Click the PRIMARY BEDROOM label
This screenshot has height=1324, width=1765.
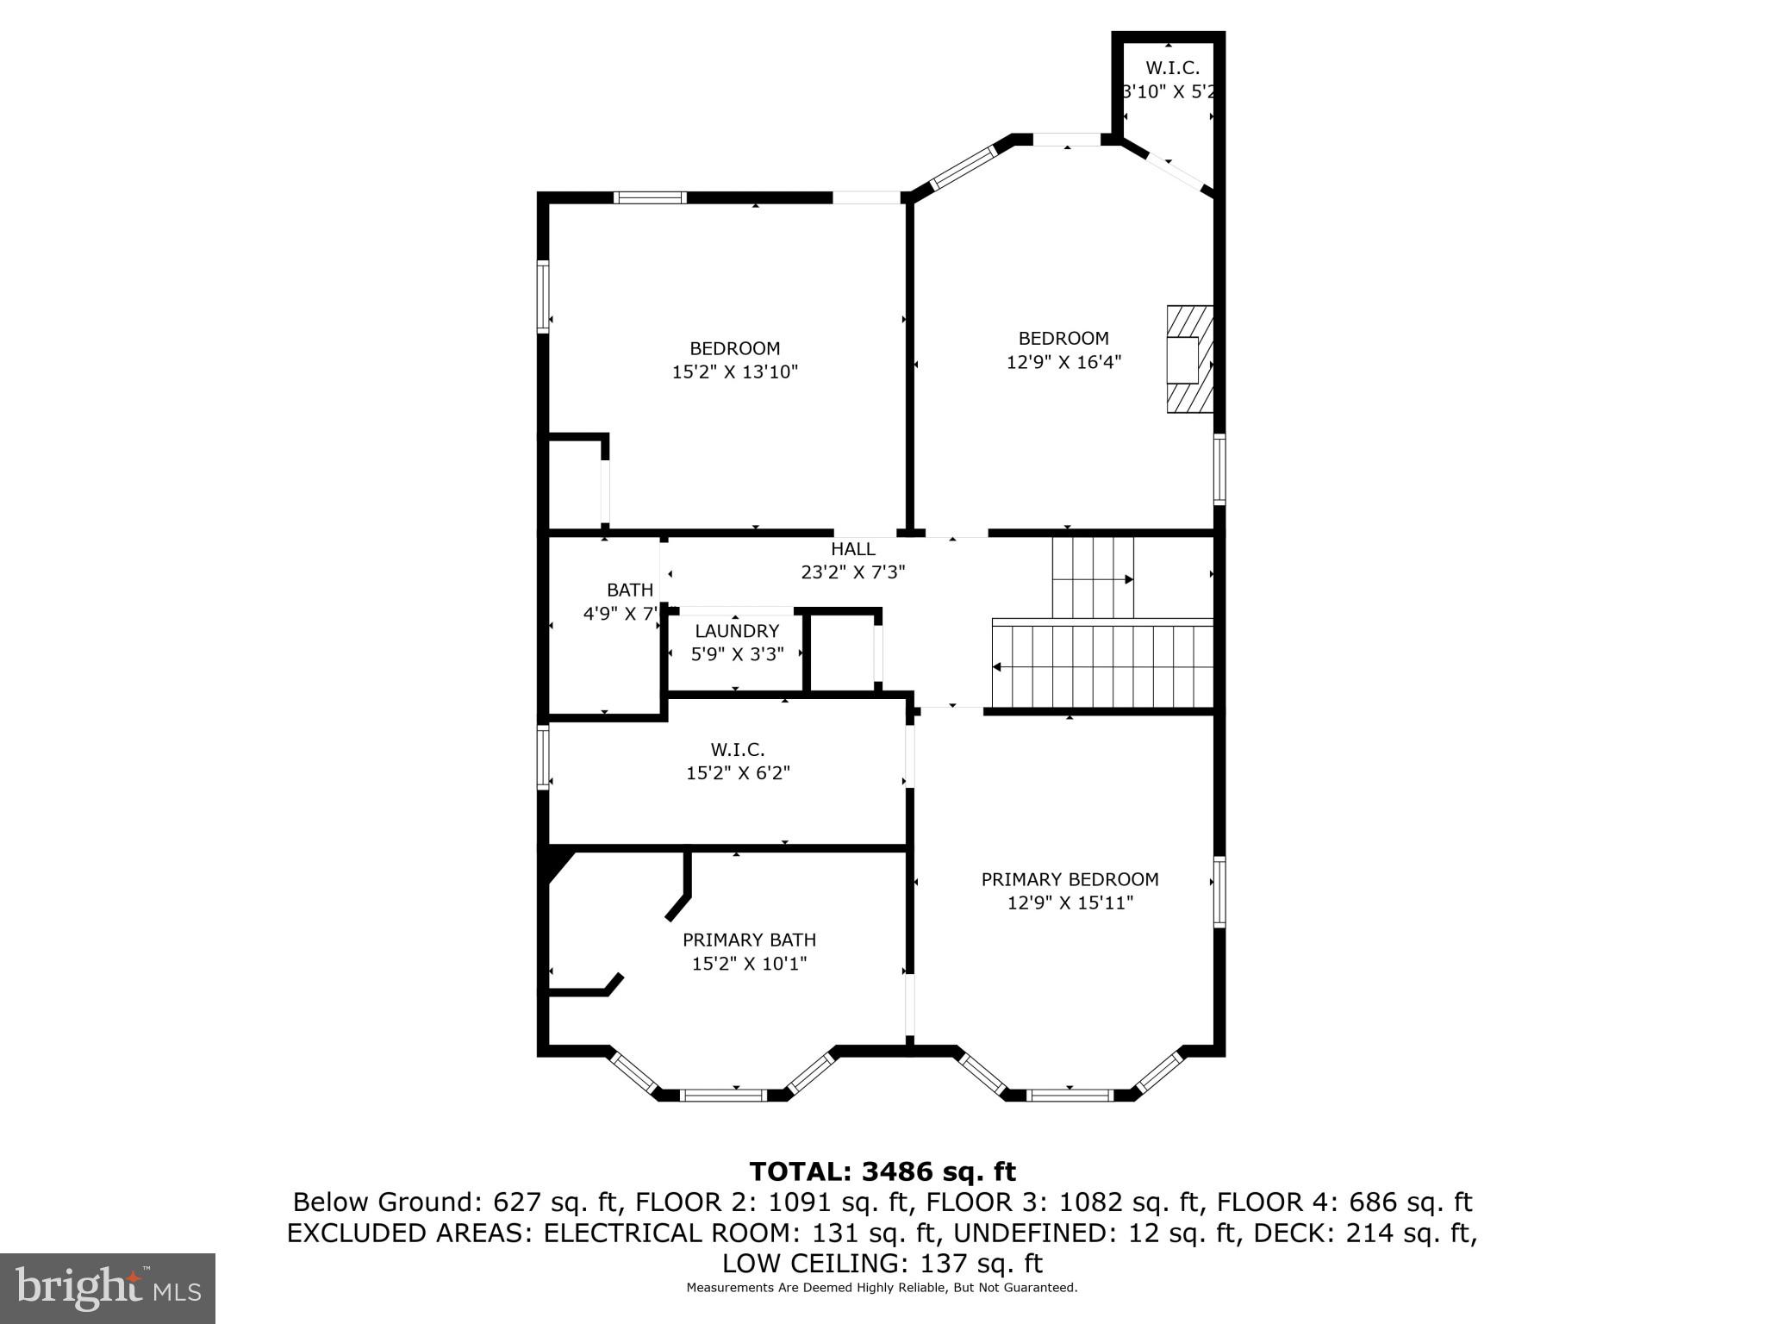1070,879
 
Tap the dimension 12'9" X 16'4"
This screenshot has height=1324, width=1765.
1063,362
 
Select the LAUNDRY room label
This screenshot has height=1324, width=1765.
737,631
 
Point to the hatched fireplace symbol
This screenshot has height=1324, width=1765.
1189,359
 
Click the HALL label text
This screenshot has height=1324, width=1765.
853,549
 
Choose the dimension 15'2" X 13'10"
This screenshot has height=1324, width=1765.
735,372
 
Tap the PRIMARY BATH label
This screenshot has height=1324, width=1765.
749,940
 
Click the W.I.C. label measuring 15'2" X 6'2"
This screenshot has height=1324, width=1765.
737,750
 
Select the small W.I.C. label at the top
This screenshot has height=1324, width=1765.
1172,68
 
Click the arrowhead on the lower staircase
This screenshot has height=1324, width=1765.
997,666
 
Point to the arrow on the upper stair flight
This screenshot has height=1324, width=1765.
1128,580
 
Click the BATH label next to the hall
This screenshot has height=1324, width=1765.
630,590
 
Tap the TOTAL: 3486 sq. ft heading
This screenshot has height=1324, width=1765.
882,1171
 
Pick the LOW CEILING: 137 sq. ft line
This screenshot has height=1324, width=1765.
882,1264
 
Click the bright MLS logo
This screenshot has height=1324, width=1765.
108,1288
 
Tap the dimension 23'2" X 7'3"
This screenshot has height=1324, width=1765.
853,571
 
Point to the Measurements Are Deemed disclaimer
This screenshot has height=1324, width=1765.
882,1288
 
